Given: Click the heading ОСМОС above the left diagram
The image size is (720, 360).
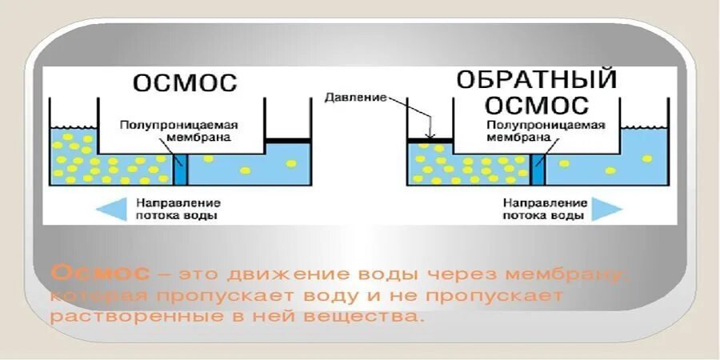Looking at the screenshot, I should [185, 83].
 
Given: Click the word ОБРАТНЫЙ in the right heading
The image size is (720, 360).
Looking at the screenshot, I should [537, 80].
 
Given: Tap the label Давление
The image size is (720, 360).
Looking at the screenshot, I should [355, 98].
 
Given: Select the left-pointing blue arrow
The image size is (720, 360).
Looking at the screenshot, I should [112, 209].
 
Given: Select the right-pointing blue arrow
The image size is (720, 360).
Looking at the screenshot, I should [606, 209].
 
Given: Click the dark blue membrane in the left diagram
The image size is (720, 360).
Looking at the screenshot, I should [180, 169].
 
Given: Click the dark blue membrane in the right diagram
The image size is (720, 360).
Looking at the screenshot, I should [538, 169].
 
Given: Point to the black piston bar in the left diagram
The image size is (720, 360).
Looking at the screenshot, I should [288, 141].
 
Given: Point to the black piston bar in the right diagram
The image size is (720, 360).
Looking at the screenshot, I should [430, 141].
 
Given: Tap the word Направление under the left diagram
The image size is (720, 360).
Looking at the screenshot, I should [178, 202].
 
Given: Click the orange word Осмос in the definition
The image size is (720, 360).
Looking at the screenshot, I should [100, 274].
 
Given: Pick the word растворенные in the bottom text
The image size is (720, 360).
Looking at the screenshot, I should [116, 317].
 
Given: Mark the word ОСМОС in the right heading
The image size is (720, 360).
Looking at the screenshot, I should [537, 105].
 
